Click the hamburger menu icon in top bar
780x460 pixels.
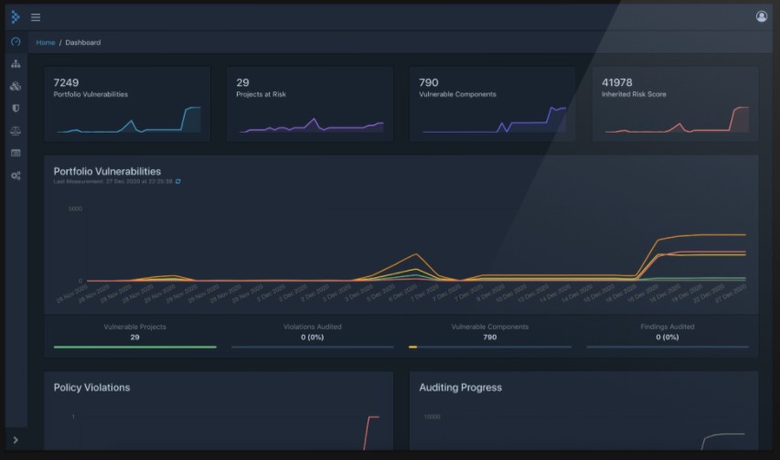pos(36,16)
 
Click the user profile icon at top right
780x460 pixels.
pos(762,16)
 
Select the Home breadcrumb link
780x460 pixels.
pos(45,43)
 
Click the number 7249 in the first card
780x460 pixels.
pos(67,82)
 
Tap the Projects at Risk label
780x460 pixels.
pos(261,94)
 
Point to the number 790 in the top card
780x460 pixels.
pos(428,82)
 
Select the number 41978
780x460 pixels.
pos(617,82)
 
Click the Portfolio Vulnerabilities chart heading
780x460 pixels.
pos(107,171)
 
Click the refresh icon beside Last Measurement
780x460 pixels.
pos(178,181)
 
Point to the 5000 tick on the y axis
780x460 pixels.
pos(75,209)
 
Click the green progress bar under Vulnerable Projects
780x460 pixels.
pos(134,347)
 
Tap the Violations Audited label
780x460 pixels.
pos(312,326)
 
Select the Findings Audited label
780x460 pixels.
pos(668,326)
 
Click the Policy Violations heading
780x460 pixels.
pos(91,388)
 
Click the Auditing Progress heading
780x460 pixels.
pos(460,388)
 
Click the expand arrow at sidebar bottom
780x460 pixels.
pos(16,441)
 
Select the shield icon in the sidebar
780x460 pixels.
pos(16,108)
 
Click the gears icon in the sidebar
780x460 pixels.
pos(16,175)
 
